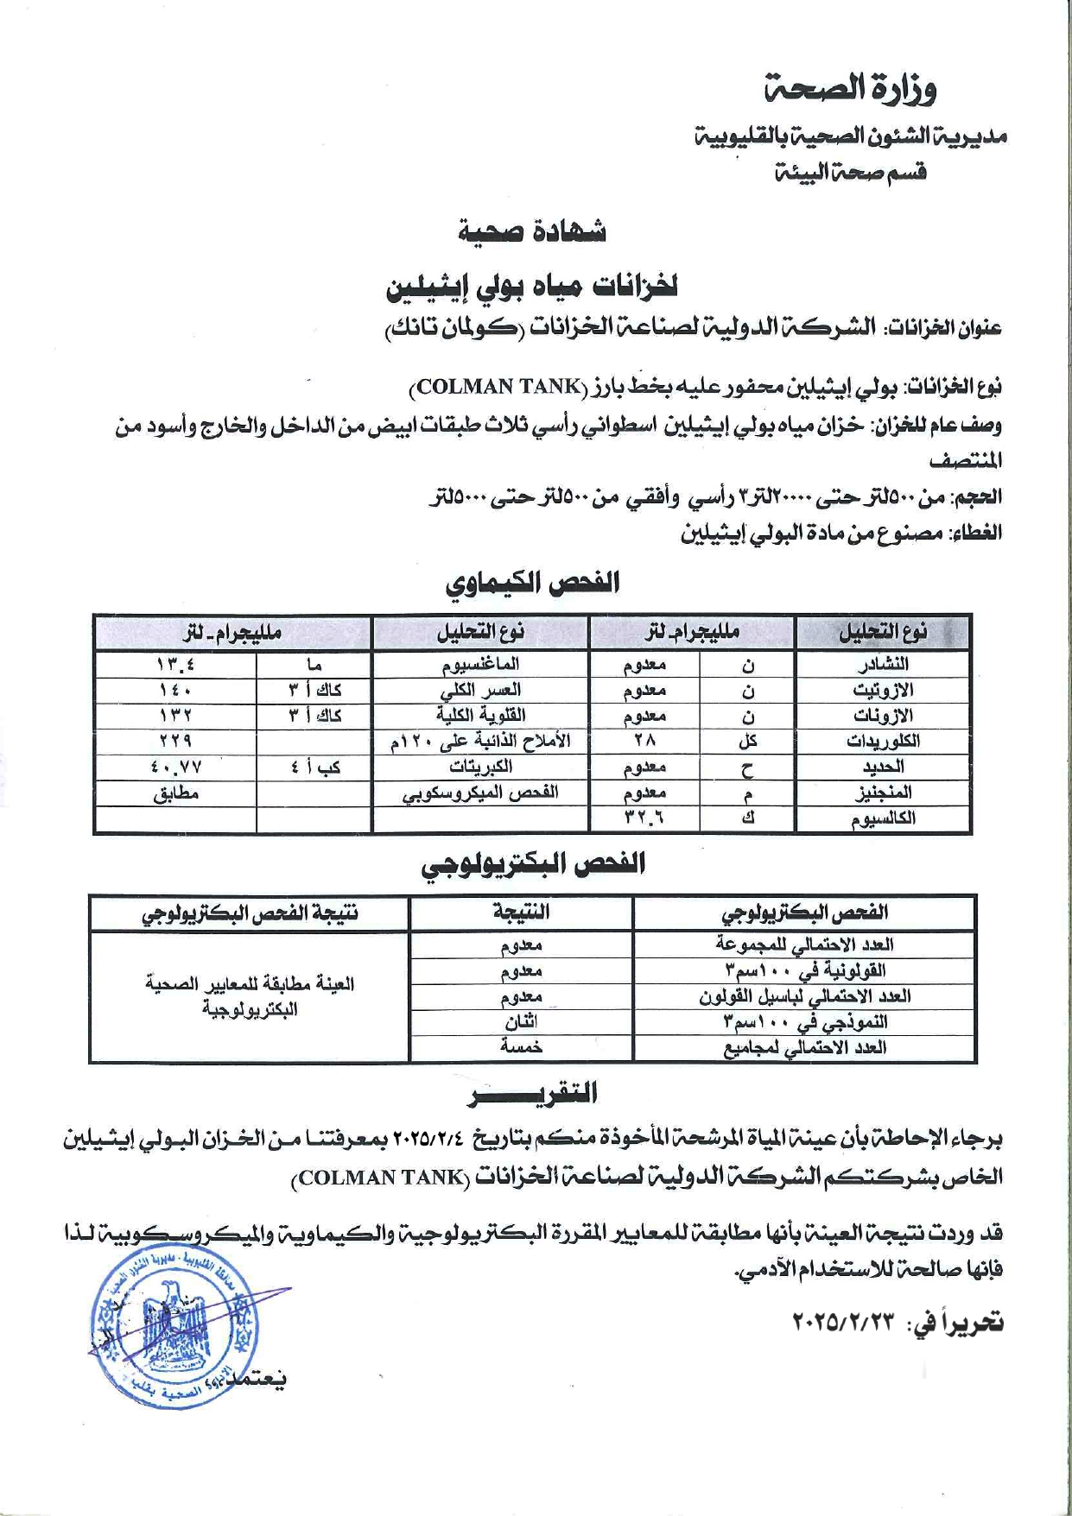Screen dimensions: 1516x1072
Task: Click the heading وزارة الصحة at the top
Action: tap(851, 88)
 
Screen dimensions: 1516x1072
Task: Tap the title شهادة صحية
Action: tap(532, 231)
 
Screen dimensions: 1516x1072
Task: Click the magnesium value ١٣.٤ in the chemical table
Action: tap(175, 665)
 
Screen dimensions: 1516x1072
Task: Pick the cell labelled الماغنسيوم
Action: tap(480, 665)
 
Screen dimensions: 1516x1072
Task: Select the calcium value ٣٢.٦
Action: tap(644, 818)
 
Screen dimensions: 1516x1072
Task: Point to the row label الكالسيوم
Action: tap(883, 818)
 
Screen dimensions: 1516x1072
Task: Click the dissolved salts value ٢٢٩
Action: tap(175, 741)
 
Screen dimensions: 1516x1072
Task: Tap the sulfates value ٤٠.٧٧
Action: tap(175, 767)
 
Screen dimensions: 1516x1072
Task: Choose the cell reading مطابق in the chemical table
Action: tap(175, 793)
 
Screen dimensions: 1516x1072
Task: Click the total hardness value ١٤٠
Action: tap(175, 690)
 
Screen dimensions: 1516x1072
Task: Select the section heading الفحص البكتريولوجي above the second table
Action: tap(534, 864)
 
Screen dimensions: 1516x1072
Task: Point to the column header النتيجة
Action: tap(521, 912)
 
